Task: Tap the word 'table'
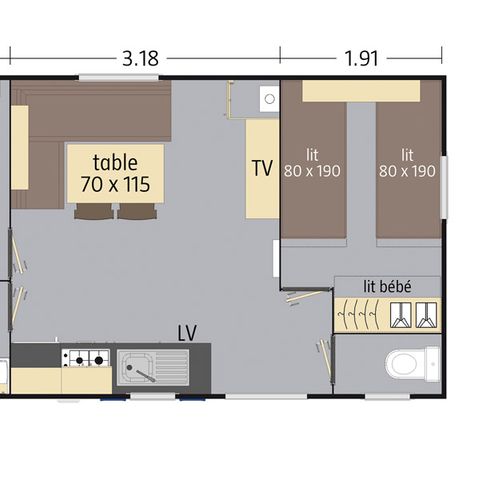pos(115,161)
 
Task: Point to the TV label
pos(262,168)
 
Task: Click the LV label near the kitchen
pos(187,331)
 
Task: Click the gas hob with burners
pos(85,357)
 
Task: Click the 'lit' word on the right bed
pos(407,154)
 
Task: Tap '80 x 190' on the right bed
pos(407,171)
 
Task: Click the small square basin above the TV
pos(268,98)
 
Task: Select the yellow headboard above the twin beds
pos(361,91)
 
